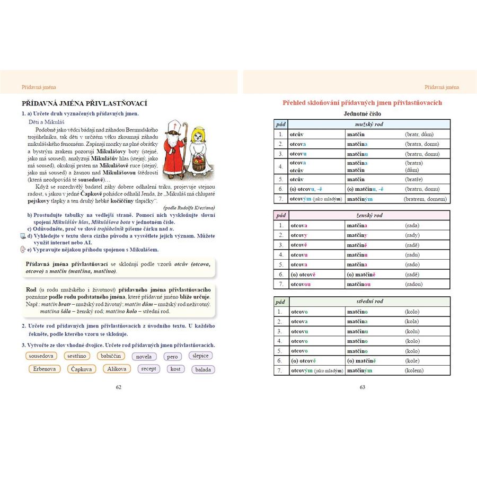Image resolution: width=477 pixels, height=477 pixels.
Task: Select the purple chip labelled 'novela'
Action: [x=144, y=357]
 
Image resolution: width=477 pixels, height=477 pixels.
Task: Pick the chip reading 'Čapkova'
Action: [x=82, y=369]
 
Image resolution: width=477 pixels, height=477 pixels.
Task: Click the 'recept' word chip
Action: [x=149, y=369]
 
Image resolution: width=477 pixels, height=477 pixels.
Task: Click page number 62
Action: [x=119, y=387]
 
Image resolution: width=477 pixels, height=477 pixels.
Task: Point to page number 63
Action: [x=363, y=387]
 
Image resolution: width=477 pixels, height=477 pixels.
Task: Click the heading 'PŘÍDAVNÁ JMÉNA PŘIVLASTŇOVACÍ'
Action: [x=84, y=103]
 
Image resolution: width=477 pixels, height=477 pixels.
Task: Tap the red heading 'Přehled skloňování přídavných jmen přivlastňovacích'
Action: [x=362, y=103]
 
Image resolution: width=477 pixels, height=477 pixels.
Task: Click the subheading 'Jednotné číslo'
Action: [x=362, y=114]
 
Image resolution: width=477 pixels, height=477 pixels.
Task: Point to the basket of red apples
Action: [x=198, y=162]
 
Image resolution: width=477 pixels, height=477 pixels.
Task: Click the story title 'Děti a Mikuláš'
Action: [x=43, y=121]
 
